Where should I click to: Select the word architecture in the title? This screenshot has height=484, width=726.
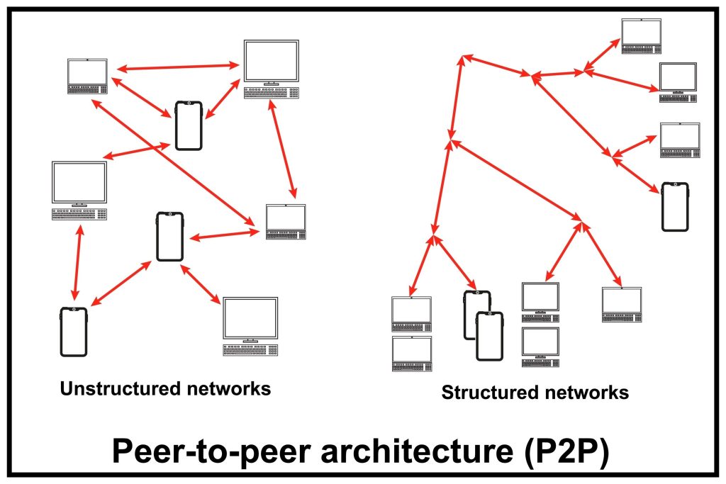[383, 451]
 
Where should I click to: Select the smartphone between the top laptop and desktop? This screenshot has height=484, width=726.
[189, 125]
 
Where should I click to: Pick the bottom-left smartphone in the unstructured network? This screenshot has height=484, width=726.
[74, 331]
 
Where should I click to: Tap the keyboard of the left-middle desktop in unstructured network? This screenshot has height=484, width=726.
[79, 215]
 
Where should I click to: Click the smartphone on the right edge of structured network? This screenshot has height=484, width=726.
[675, 206]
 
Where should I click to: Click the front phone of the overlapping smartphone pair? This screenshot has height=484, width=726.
[489, 337]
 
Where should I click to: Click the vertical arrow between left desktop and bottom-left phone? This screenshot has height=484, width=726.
[75, 263]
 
